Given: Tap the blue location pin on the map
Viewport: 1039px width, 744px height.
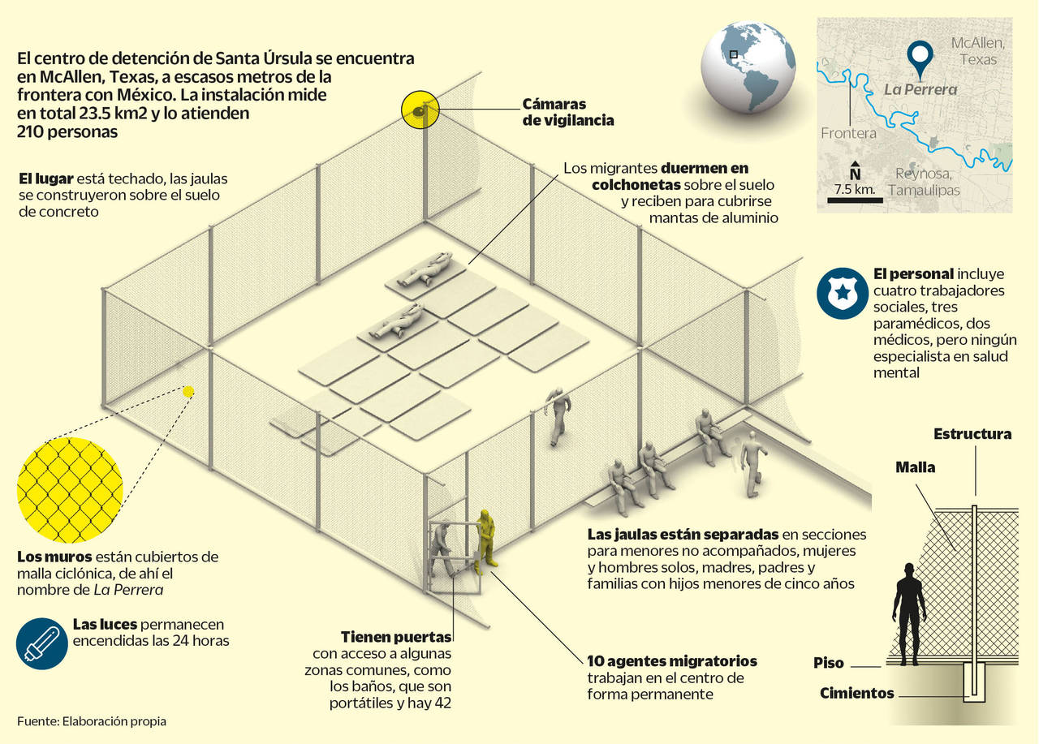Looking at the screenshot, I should click(x=920, y=58).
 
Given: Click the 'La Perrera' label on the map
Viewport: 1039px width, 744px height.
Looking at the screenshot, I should click(x=920, y=89).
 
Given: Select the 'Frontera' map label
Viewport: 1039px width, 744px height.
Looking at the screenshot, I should click(x=848, y=133).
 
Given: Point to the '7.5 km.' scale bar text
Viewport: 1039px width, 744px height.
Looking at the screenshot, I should click(x=853, y=189).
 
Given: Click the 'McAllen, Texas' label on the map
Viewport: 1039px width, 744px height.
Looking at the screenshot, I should click(x=977, y=50).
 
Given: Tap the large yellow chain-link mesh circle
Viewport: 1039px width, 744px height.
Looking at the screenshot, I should click(x=69, y=490).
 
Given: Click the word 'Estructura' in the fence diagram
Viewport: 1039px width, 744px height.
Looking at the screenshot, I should click(x=972, y=434).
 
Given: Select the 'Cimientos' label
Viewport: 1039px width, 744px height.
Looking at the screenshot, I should click(x=856, y=694).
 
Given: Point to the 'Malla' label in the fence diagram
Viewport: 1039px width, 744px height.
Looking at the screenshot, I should click(x=915, y=467).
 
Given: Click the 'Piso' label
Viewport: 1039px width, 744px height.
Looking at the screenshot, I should click(x=829, y=663).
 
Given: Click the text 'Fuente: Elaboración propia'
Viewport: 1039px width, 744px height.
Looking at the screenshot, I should click(x=91, y=720).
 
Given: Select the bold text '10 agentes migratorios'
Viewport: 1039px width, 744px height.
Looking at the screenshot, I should click(x=671, y=660).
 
